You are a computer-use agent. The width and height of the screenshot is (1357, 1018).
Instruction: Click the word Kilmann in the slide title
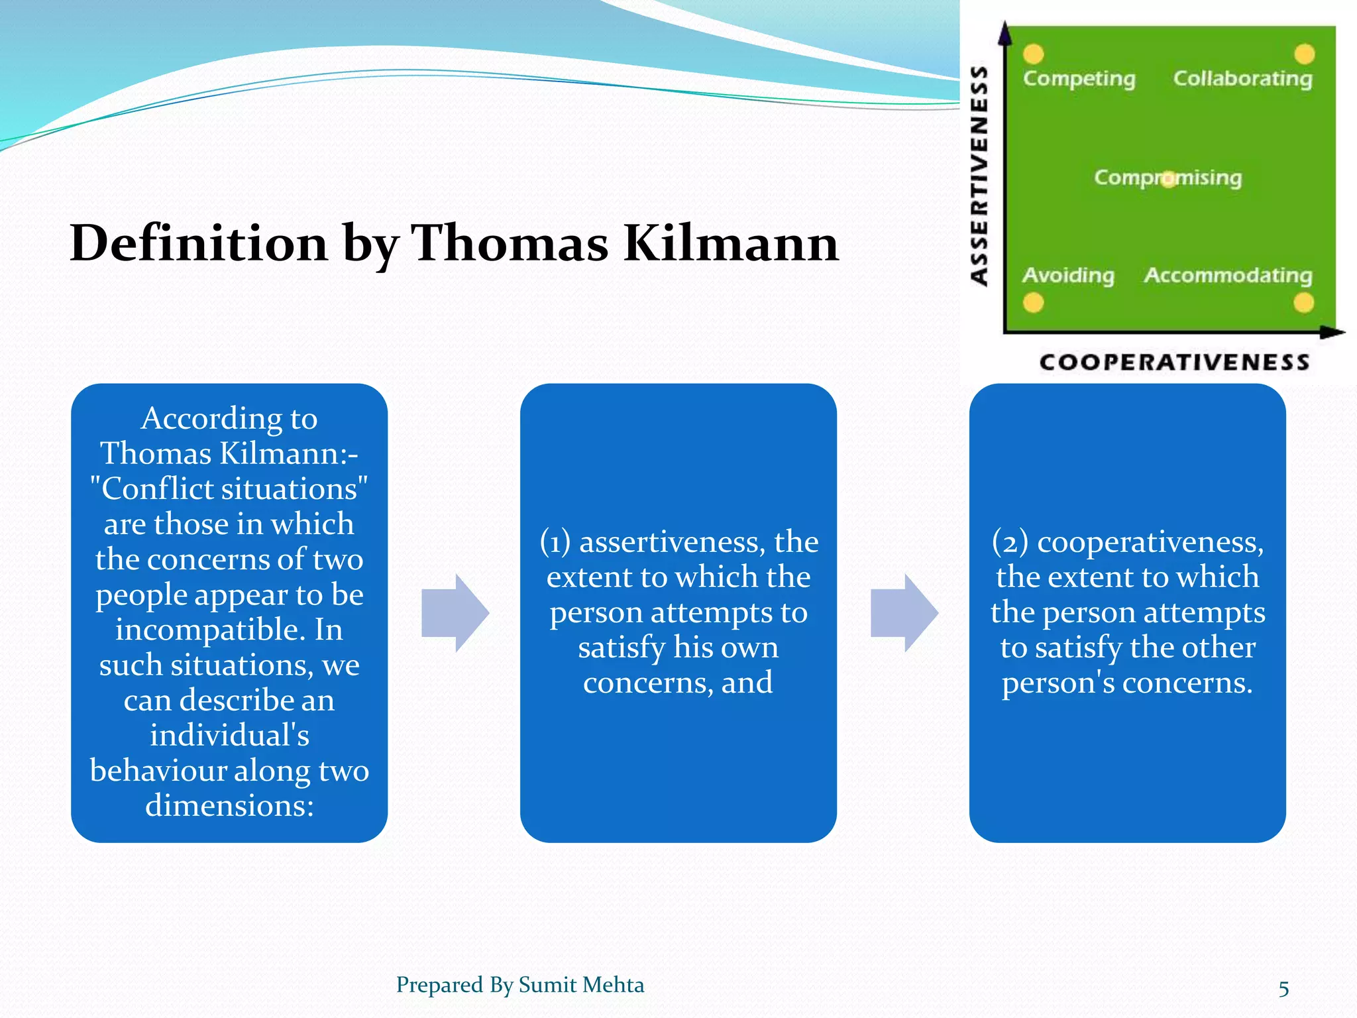click(x=731, y=243)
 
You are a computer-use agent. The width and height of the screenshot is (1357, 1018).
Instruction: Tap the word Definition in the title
click(x=199, y=243)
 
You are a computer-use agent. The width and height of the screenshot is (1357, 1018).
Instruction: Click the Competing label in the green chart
click(x=1079, y=78)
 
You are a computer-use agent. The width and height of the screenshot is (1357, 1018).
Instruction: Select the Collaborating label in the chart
click(x=1242, y=78)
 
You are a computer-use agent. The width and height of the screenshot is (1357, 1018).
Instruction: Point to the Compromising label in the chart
click(x=1167, y=178)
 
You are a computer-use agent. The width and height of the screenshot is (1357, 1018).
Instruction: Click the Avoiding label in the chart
click(x=1068, y=274)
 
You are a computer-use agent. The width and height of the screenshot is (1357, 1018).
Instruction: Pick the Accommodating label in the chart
click(x=1228, y=274)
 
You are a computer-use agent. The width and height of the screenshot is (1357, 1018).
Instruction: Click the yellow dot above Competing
click(x=1033, y=54)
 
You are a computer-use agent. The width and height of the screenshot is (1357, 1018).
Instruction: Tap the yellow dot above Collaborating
click(x=1304, y=54)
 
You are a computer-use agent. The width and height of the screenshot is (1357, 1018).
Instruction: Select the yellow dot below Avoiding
click(x=1033, y=303)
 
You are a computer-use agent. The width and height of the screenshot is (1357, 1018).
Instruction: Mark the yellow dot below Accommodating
click(x=1303, y=303)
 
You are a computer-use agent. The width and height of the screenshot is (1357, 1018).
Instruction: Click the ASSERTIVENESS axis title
click(x=979, y=176)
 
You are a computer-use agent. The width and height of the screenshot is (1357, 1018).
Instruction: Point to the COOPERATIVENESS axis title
click(x=1174, y=362)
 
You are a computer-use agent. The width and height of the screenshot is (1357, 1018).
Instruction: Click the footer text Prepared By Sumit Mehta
click(x=519, y=985)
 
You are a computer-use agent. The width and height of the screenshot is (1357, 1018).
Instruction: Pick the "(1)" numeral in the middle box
click(x=555, y=542)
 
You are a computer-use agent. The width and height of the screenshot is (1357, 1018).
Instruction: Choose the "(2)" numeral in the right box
click(x=1010, y=542)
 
